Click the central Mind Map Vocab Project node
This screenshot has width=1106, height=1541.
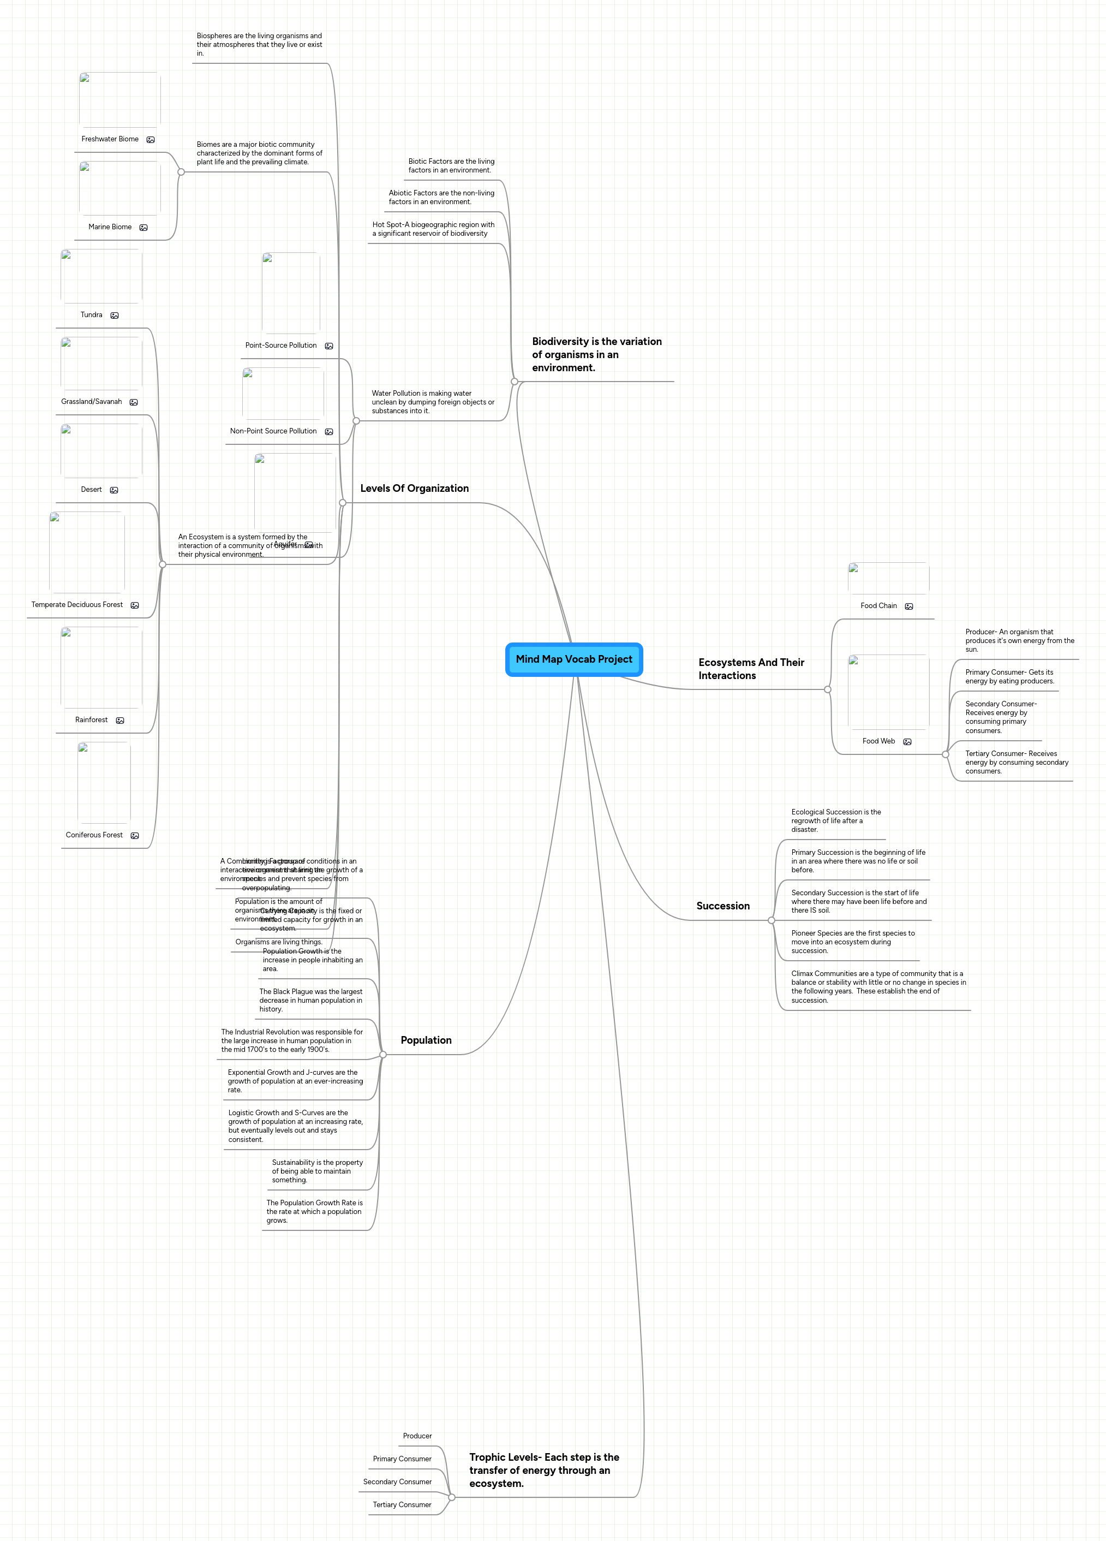click(573, 659)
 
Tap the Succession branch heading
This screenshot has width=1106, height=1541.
click(723, 906)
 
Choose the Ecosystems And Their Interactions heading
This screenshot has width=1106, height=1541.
click(751, 669)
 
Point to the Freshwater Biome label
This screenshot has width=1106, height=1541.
click(110, 139)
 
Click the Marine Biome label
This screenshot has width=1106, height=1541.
click(110, 227)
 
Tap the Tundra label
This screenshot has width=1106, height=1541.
click(92, 314)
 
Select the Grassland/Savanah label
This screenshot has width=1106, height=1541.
click(92, 402)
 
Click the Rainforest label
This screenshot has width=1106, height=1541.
click(92, 719)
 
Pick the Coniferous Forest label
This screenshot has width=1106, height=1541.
click(94, 835)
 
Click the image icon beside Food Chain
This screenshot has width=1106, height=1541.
click(909, 606)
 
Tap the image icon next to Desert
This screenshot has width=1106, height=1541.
click(114, 490)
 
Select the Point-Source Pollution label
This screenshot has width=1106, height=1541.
click(280, 345)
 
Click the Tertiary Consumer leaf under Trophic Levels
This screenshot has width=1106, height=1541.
click(402, 1504)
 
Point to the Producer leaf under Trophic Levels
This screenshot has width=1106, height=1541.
click(417, 1436)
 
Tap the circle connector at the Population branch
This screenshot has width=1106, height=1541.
click(383, 1055)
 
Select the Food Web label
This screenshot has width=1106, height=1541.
click(878, 741)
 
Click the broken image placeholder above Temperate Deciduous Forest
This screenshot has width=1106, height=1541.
click(87, 552)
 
